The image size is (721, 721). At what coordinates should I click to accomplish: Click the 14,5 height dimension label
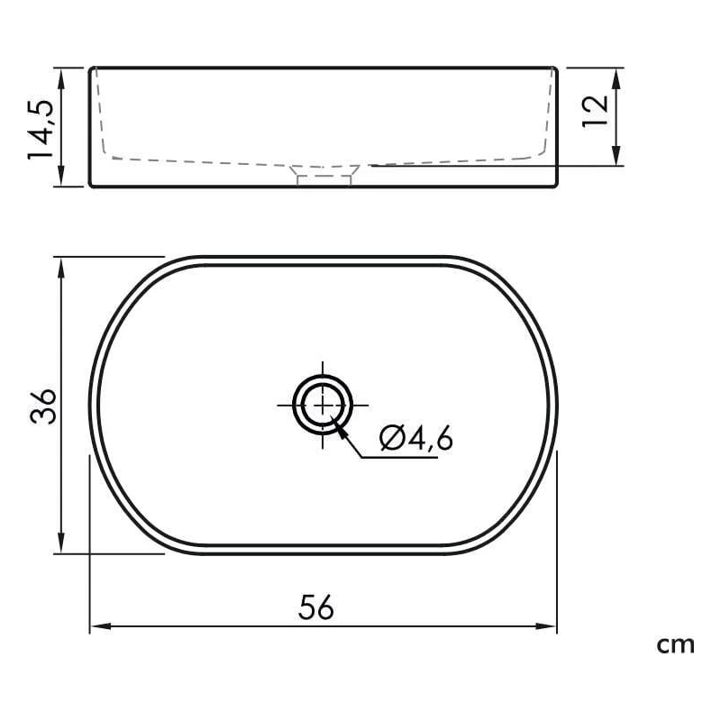click(41, 129)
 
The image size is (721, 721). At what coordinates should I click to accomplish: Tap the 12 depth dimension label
click(596, 112)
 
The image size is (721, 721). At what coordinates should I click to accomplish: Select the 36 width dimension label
click(43, 406)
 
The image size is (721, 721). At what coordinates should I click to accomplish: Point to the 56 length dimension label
click(316, 607)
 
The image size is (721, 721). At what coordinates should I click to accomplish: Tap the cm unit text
click(675, 645)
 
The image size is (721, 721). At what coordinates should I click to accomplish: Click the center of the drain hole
click(323, 405)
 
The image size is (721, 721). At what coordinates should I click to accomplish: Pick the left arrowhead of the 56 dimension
click(100, 626)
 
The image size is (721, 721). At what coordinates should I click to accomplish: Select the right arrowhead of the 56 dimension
click(546, 626)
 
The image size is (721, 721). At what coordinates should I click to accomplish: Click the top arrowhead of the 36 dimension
click(61, 268)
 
